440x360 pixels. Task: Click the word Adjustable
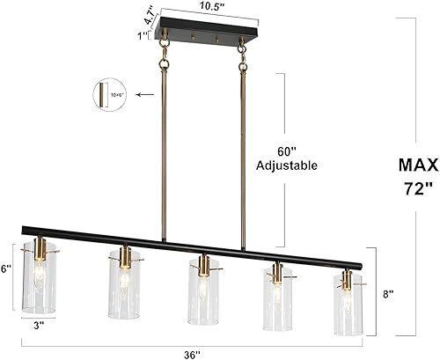click(x=286, y=165)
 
